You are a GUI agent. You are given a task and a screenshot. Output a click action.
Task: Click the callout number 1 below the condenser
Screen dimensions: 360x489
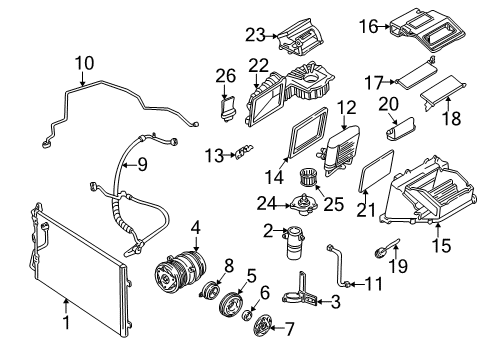(66, 323)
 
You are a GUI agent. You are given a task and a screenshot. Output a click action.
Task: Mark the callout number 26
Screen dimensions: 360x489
(225, 74)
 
